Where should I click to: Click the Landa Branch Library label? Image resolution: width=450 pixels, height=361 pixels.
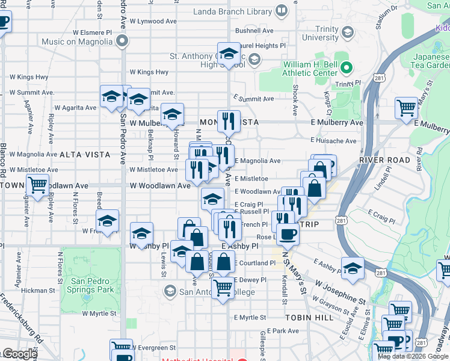[x=232, y=11]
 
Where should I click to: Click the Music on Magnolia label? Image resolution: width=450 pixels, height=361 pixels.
[x=78, y=42]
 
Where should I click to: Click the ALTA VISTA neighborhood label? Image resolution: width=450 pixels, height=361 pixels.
[x=85, y=155]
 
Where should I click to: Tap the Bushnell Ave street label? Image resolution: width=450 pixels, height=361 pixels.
[x=254, y=31]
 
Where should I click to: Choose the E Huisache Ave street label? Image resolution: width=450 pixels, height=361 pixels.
[x=333, y=141]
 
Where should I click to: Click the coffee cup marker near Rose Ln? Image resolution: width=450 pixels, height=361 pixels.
[x=288, y=233]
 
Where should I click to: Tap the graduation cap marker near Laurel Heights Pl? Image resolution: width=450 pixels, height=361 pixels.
[x=229, y=53]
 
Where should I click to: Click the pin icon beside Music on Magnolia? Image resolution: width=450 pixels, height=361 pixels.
[x=123, y=42]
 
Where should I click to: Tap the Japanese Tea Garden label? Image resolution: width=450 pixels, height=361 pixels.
[x=431, y=61]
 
